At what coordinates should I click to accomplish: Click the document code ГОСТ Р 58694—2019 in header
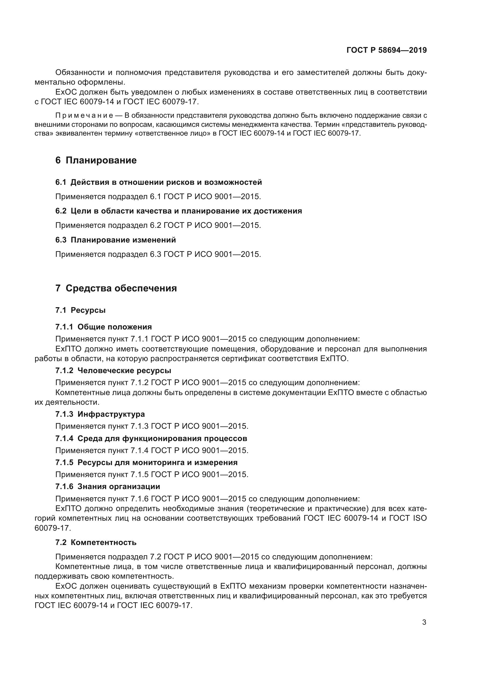pyautogui.click(x=386, y=50)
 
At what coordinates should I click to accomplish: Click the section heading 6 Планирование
pyautogui.click(x=96, y=160)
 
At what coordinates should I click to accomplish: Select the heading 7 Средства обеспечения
pyautogui.click(x=116, y=288)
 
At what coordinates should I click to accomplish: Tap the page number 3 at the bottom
pyautogui.click(x=424, y=622)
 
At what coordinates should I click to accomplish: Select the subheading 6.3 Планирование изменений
pyautogui.click(x=115, y=240)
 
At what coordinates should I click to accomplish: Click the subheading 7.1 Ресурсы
pyautogui.click(x=80, y=310)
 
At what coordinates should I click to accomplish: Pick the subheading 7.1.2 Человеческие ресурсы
pyautogui.click(x=113, y=370)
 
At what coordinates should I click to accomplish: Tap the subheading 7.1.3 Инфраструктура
pyautogui.click(x=100, y=414)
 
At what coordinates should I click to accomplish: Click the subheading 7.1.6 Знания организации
pyautogui.click(x=108, y=487)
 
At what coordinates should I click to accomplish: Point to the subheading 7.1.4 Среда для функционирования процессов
pyautogui.click(x=151, y=438)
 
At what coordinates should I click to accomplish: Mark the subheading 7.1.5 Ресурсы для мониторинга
pyautogui.click(x=146, y=462)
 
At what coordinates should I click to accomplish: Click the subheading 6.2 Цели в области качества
pyautogui.click(x=179, y=211)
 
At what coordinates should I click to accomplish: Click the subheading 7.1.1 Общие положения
pyautogui.click(x=103, y=327)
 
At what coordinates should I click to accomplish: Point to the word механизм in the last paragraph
pyautogui.click(x=268, y=586)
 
